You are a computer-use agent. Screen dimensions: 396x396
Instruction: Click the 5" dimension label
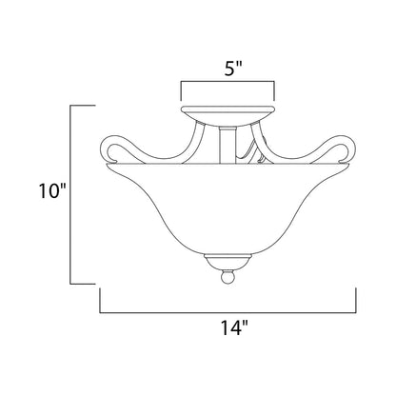tap(233, 69)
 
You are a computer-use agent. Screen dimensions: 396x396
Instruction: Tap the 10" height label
tap(52, 191)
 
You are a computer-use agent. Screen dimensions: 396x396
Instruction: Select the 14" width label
tap(234, 327)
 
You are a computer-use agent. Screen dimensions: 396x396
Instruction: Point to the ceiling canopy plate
tap(228, 114)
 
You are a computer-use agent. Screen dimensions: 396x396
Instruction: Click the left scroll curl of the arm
tap(111, 149)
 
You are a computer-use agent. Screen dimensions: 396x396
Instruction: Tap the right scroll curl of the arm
tap(344, 149)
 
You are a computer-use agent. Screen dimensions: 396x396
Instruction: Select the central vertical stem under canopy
tap(228, 145)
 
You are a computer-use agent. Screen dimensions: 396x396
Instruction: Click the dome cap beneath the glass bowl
tap(228, 261)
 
